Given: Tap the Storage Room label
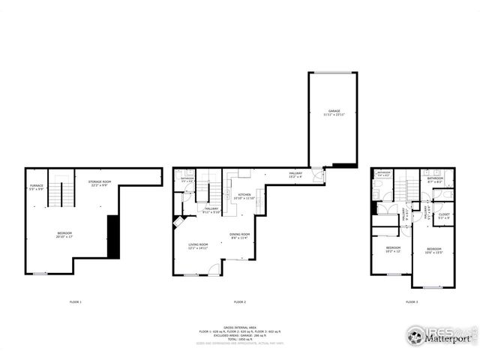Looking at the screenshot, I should (100, 184).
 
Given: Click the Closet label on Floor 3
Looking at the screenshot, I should (443, 216).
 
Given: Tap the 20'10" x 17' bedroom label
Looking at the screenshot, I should (64, 235).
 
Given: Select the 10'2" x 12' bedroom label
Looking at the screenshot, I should (394, 249).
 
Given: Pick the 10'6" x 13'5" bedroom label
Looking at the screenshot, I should (434, 250).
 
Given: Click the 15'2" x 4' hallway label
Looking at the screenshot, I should (295, 175).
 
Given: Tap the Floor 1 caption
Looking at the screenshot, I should (75, 301).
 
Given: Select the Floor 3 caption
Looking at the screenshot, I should (412, 301).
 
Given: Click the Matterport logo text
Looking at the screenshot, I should (448, 338).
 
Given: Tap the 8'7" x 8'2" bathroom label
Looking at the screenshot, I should (435, 179).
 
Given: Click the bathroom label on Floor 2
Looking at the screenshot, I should (187, 179).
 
